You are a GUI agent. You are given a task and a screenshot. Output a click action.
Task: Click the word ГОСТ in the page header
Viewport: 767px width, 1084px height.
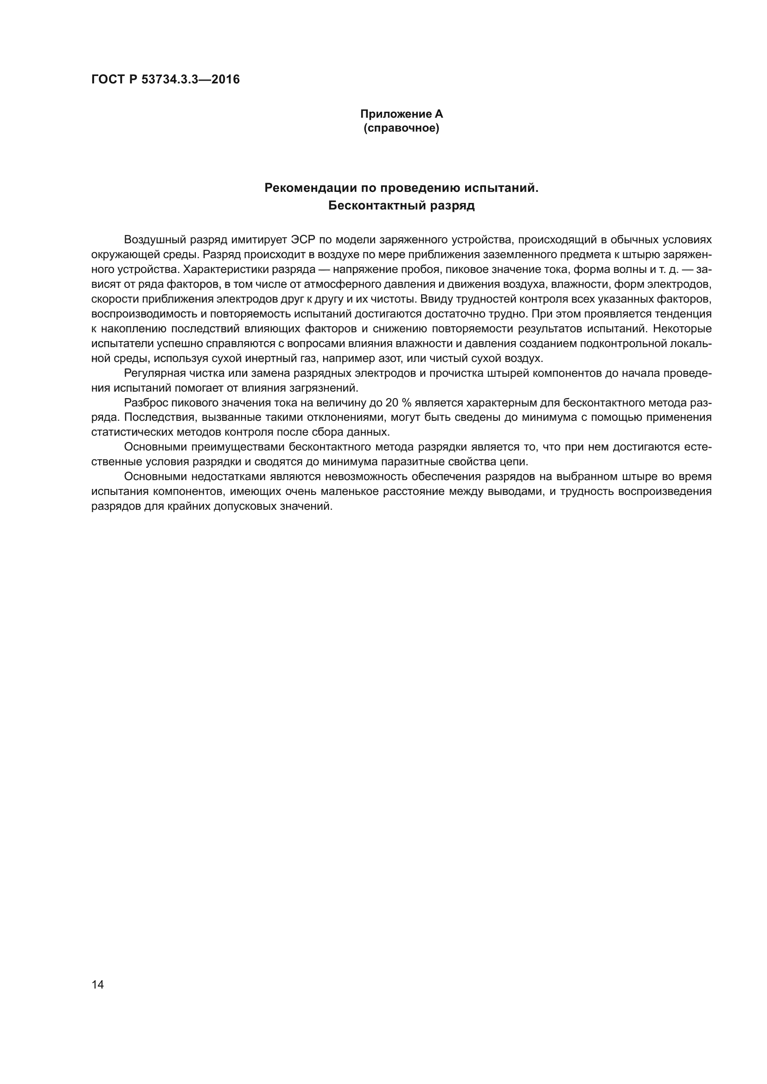(107, 79)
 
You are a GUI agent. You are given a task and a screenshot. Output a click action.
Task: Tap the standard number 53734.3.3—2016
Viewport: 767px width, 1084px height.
(191, 79)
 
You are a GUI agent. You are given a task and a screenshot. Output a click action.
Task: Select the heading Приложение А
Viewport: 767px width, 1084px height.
(402, 114)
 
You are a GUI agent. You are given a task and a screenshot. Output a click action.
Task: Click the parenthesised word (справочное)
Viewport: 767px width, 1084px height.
(402, 128)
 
